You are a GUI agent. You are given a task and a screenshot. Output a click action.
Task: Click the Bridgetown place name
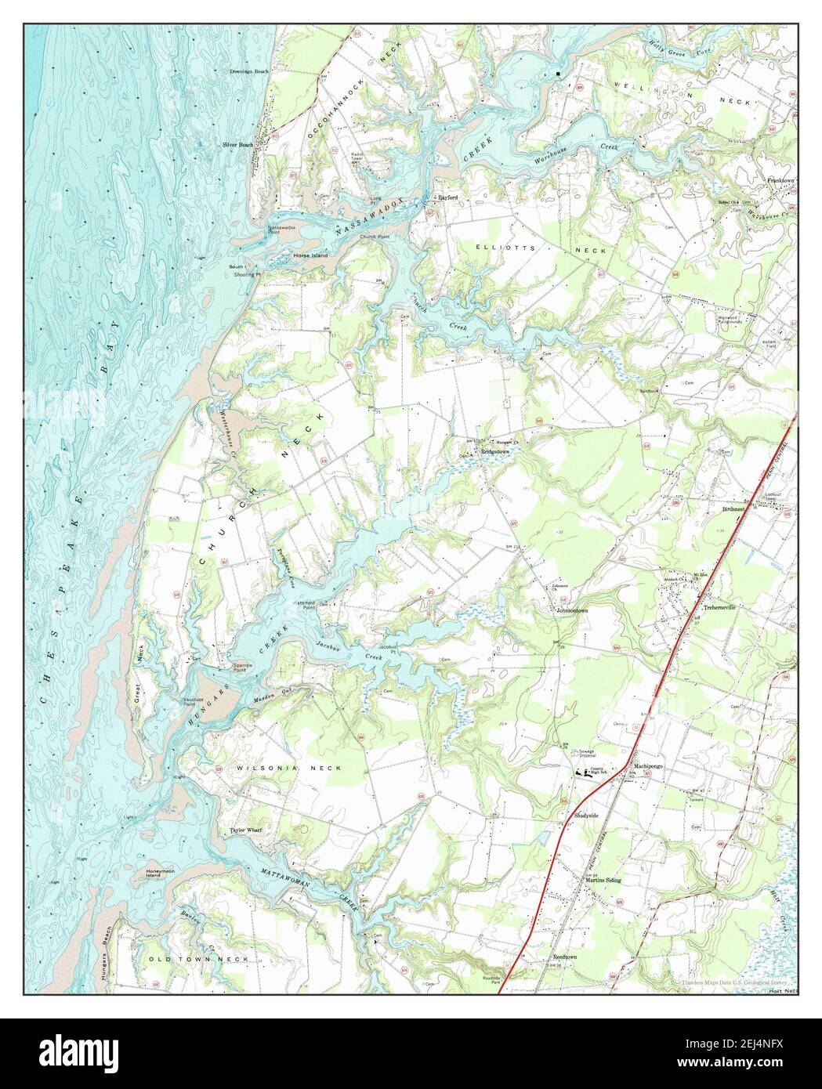click(x=496, y=452)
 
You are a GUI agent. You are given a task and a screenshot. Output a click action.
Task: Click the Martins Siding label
click(x=603, y=880)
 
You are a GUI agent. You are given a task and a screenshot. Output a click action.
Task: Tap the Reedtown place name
click(x=565, y=957)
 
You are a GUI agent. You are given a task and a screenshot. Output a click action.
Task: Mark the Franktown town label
click(x=780, y=180)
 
